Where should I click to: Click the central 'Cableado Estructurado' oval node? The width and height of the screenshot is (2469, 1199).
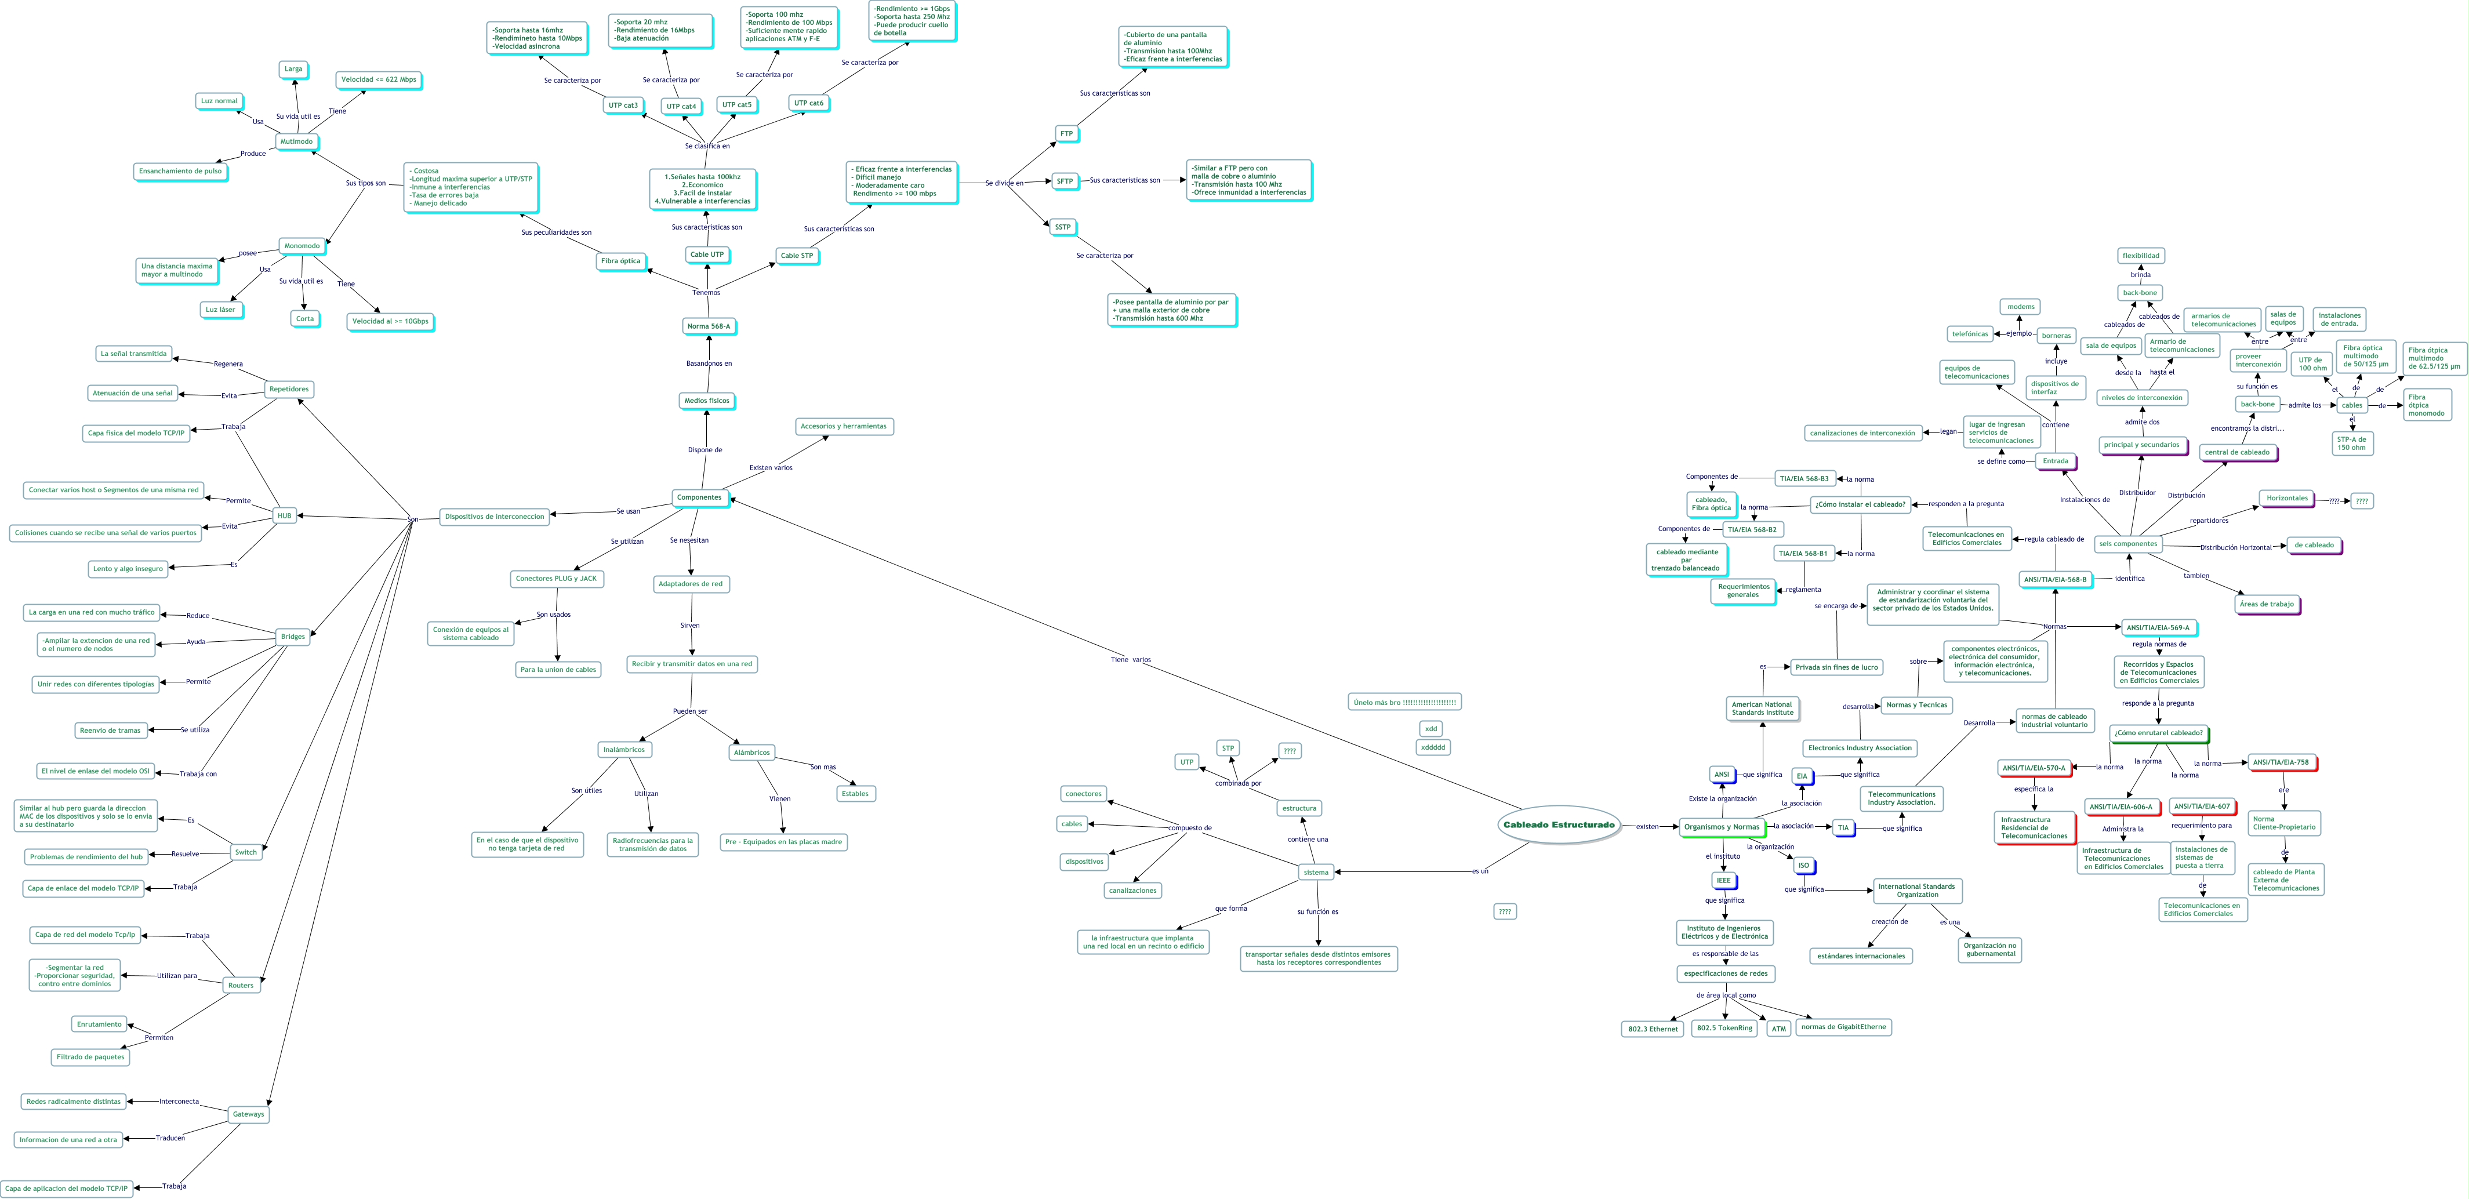click(1559, 824)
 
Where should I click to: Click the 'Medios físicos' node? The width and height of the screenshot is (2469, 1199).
click(706, 401)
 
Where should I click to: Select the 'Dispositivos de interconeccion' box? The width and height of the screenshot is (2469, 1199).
click(495, 517)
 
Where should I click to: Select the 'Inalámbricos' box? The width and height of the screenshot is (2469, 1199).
click(624, 750)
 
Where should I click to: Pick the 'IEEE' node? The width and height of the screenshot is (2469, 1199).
click(1723, 880)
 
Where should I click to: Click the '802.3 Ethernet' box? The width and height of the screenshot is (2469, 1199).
click(1653, 1029)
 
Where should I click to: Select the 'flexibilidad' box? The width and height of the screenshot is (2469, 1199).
click(2140, 256)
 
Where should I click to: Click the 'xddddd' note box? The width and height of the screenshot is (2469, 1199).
click(1433, 747)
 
